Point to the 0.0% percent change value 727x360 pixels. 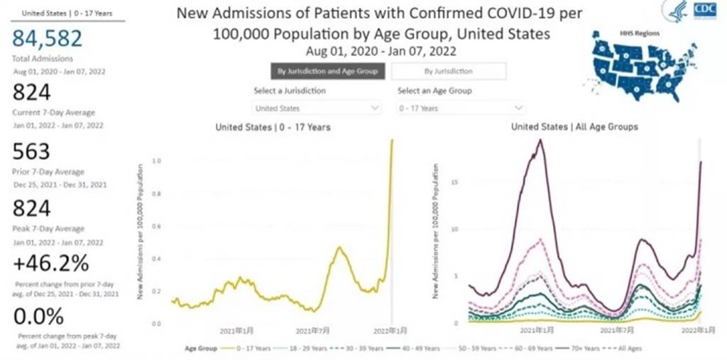(x=38, y=315)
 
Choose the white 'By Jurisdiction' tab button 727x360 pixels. (x=448, y=71)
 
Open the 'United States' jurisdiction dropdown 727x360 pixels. (x=317, y=109)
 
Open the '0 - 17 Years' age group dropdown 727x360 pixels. (x=461, y=109)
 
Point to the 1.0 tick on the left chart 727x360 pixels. (x=157, y=162)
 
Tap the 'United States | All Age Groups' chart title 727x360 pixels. (x=574, y=127)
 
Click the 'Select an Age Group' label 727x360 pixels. (x=434, y=91)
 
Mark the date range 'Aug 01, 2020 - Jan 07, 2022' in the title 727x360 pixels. (x=381, y=51)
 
